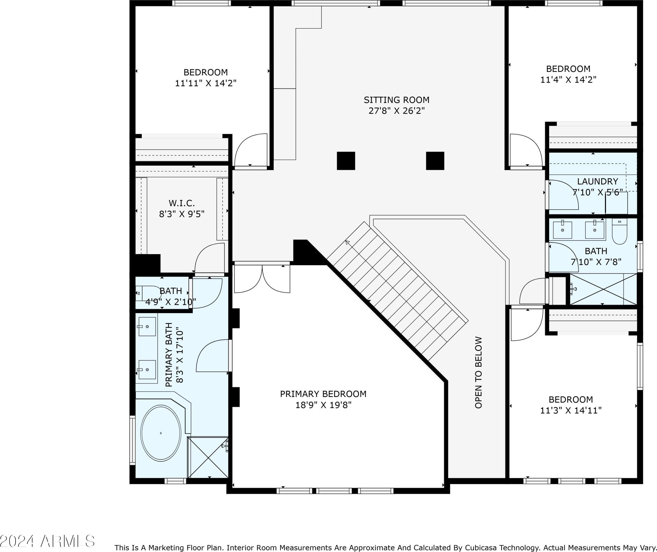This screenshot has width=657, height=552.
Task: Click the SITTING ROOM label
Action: [396, 100]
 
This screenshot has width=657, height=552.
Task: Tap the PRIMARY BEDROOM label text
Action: [323, 394]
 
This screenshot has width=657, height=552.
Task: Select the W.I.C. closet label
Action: [182, 203]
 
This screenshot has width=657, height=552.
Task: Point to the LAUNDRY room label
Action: [598, 181]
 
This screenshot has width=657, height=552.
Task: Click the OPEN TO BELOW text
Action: [478, 373]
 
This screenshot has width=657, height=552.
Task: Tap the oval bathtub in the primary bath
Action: [161, 433]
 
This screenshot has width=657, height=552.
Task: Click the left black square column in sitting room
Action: [346, 161]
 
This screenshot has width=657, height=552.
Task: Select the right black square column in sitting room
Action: [435, 161]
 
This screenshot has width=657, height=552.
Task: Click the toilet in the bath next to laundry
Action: [620, 232]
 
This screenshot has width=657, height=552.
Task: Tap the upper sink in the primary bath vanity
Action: [147, 327]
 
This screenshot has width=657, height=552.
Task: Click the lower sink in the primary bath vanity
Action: [147, 370]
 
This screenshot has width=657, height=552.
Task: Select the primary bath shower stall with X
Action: [208, 458]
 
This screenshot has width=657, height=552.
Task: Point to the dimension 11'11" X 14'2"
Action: [206, 83]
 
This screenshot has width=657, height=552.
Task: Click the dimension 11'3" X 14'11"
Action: [571, 410]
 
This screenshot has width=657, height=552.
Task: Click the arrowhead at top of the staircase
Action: [347, 242]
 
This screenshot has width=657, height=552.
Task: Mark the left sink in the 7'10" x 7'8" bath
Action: [563, 230]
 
